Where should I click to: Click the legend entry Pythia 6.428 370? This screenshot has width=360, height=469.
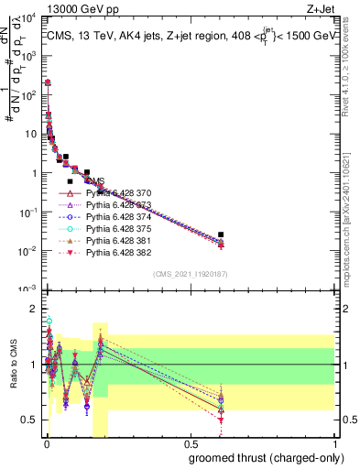[x=117, y=193]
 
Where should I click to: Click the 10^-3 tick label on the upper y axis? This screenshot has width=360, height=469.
[x=28, y=289]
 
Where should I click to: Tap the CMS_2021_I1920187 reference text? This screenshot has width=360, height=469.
[x=189, y=274]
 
